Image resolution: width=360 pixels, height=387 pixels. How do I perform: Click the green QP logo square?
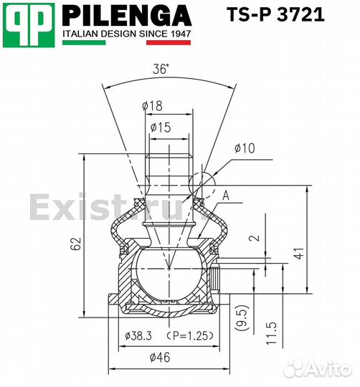(x=29, y=25)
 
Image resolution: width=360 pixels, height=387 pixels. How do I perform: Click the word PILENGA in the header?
(x=127, y=16)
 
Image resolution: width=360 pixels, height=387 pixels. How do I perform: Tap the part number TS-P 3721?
(x=275, y=14)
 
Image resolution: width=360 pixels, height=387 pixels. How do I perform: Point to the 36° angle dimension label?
(x=161, y=69)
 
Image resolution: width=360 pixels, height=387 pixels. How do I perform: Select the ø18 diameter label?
(x=152, y=106)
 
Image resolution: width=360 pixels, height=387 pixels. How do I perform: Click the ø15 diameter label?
(x=161, y=128)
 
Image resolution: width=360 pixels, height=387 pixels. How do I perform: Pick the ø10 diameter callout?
(x=245, y=148)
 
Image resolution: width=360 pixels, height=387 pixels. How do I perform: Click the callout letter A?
(x=226, y=196)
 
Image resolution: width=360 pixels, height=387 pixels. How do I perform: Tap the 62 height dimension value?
(x=76, y=244)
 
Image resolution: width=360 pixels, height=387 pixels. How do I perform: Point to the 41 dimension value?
(x=300, y=253)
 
